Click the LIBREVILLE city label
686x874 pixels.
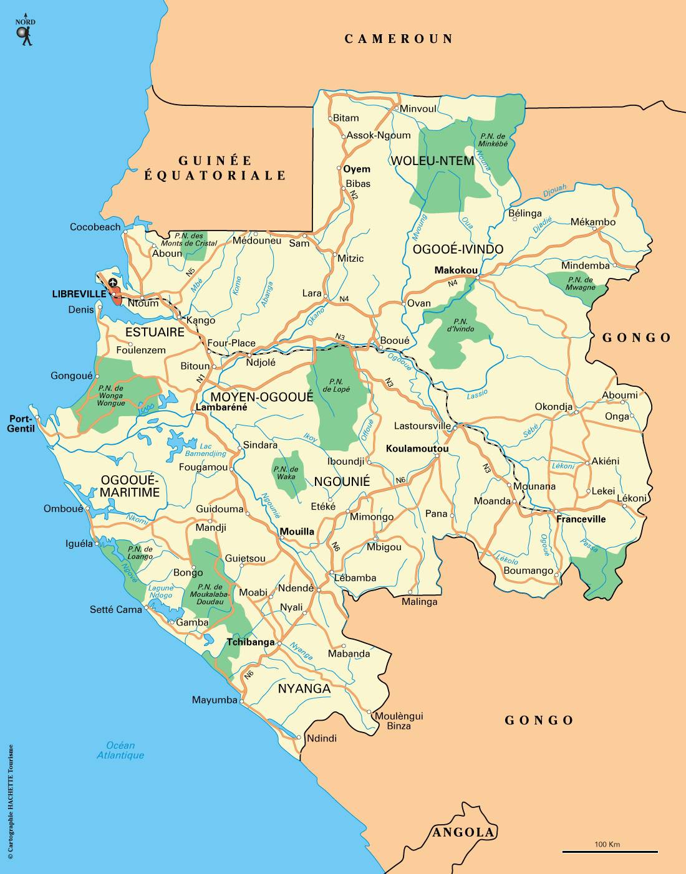tap(79, 294)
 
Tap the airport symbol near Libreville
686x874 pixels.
tap(113, 283)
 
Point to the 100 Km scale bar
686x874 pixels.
tap(609, 851)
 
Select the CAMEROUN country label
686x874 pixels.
tap(399, 39)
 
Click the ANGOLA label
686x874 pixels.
tap(463, 832)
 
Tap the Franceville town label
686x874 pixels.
tap(581, 519)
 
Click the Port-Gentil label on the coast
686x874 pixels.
tap(21, 424)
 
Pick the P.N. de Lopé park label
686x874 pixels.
tap(336, 385)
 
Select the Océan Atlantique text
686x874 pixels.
tap(120, 750)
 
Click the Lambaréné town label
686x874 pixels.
tap(221, 407)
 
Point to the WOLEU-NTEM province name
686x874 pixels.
tap(432, 161)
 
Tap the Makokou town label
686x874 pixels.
tap(456, 270)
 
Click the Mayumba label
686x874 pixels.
tap(215, 700)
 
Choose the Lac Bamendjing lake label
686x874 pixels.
tap(206, 450)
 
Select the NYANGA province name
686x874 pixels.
tap(304, 688)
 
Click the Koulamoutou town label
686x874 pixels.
tap(417, 449)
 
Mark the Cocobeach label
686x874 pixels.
tap(95, 227)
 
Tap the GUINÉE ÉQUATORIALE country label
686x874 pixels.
tap(215, 168)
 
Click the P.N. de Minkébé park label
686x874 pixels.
tap(493, 140)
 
